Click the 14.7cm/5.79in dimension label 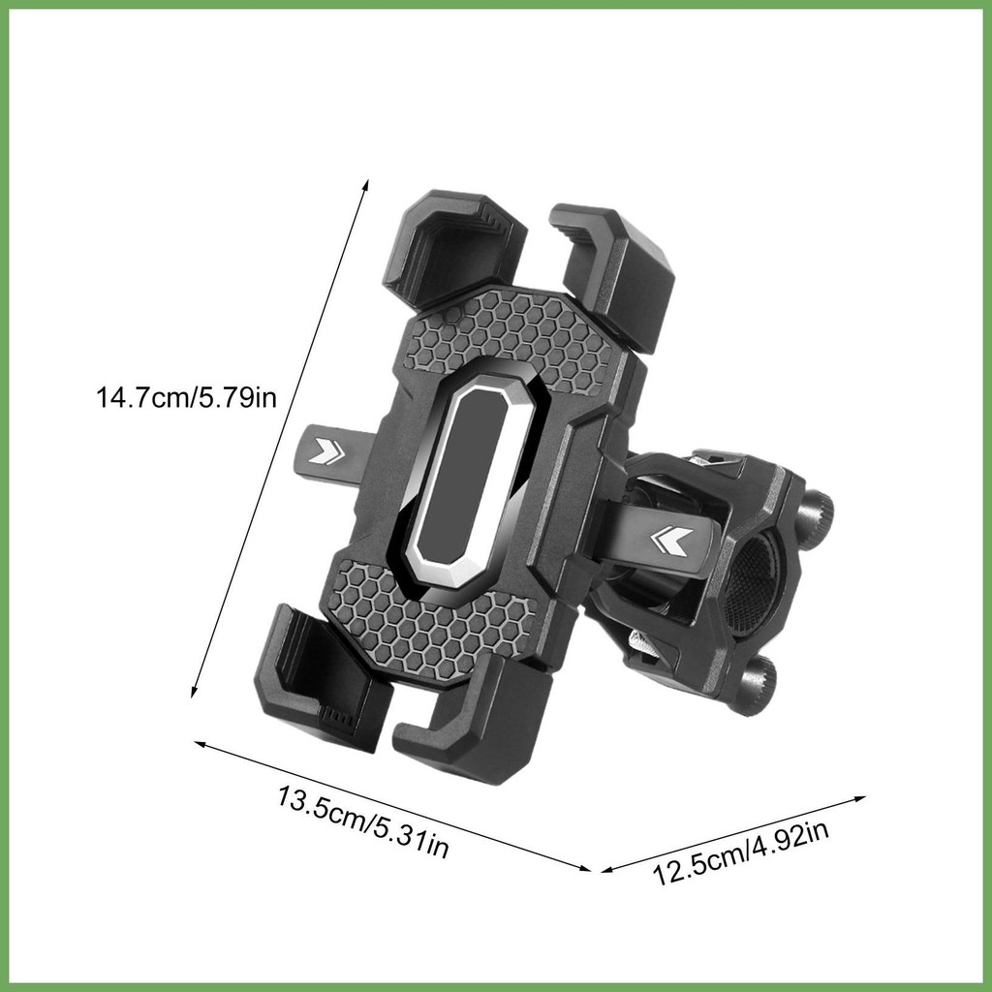[186, 398]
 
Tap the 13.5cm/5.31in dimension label [363, 821]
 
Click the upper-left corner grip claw [454, 248]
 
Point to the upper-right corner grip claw [612, 272]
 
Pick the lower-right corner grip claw [475, 717]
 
